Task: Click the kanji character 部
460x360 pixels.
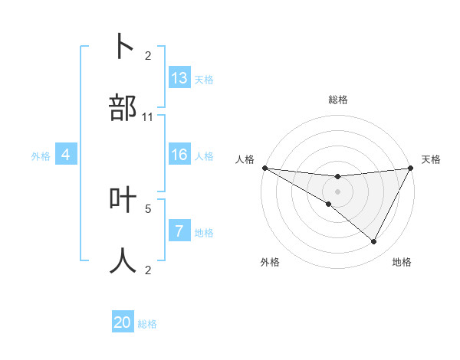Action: (x=123, y=108)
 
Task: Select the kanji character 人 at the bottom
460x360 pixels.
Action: (x=123, y=260)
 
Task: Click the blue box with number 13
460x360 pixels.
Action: (x=179, y=78)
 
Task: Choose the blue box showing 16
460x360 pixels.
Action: (x=179, y=155)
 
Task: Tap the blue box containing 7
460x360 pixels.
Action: (x=179, y=231)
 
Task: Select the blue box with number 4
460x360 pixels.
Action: (x=66, y=155)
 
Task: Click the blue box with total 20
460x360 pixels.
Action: (x=123, y=322)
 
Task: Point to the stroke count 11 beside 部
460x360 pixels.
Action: (x=148, y=117)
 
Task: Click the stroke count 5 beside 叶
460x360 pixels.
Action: (x=148, y=208)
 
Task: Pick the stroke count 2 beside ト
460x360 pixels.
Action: (x=148, y=55)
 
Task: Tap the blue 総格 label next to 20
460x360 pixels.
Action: (x=147, y=324)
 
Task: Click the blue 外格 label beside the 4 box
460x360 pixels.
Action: (x=41, y=156)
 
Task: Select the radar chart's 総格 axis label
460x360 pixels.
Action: (x=337, y=100)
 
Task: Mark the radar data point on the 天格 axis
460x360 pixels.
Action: (x=411, y=168)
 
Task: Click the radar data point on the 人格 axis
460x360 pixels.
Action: (x=264, y=168)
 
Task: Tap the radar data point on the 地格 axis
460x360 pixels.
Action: (x=374, y=242)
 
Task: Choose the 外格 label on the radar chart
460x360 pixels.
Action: (x=270, y=262)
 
